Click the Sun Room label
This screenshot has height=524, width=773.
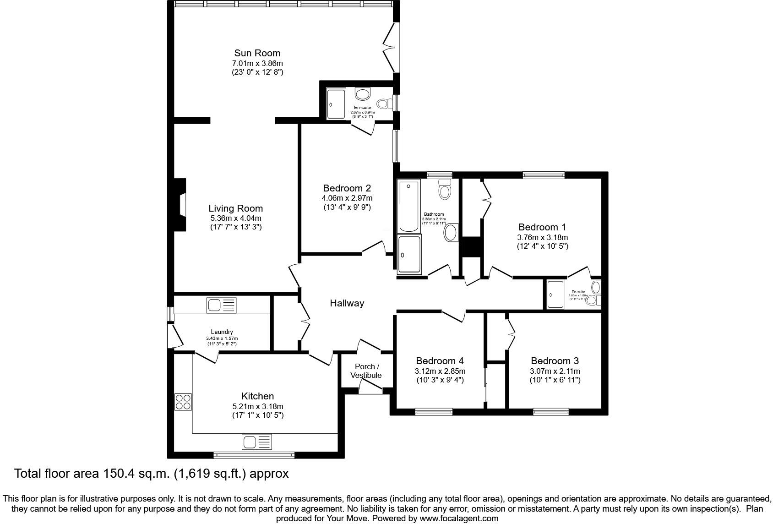pos(257,53)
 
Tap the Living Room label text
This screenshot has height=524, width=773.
pos(235,208)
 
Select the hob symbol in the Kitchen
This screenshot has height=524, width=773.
pos(183,402)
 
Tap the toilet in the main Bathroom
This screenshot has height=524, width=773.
pos(445,188)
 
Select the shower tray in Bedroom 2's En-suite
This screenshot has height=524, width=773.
pos(336,104)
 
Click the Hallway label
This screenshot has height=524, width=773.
pos(347,303)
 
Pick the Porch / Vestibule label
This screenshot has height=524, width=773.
pos(366,371)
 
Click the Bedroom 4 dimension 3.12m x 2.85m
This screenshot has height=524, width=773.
pos(440,371)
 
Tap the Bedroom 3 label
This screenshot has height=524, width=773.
pos(555,361)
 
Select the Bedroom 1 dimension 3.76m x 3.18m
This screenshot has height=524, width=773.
pos(542,237)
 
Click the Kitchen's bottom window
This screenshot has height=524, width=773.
pos(254,455)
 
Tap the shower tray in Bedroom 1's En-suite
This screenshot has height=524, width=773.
pos(555,295)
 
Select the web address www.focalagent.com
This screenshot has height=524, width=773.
pos(459,519)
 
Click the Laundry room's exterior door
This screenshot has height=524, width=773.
pos(176,336)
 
